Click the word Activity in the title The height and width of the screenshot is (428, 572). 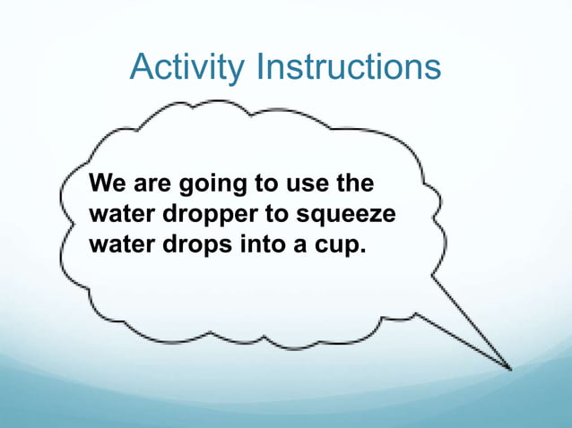click(188, 67)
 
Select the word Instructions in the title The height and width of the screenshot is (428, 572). click(349, 67)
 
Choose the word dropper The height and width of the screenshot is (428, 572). click(201, 218)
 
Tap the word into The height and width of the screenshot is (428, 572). click(258, 245)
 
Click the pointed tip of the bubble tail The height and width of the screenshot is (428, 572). click(511, 368)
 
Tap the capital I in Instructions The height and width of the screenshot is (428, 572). click(260, 67)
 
